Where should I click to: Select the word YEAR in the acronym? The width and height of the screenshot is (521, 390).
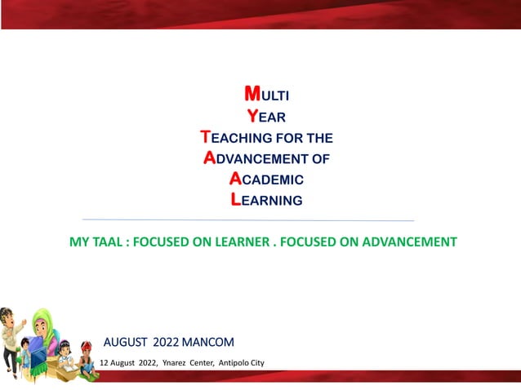pos(265,117)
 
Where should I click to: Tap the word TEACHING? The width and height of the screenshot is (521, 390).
pos(244,138)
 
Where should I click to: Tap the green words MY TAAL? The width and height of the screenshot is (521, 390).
pos(99,242)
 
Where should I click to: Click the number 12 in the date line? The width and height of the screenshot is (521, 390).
pos(104,362)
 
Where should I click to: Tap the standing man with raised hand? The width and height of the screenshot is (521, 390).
pos(11,335)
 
